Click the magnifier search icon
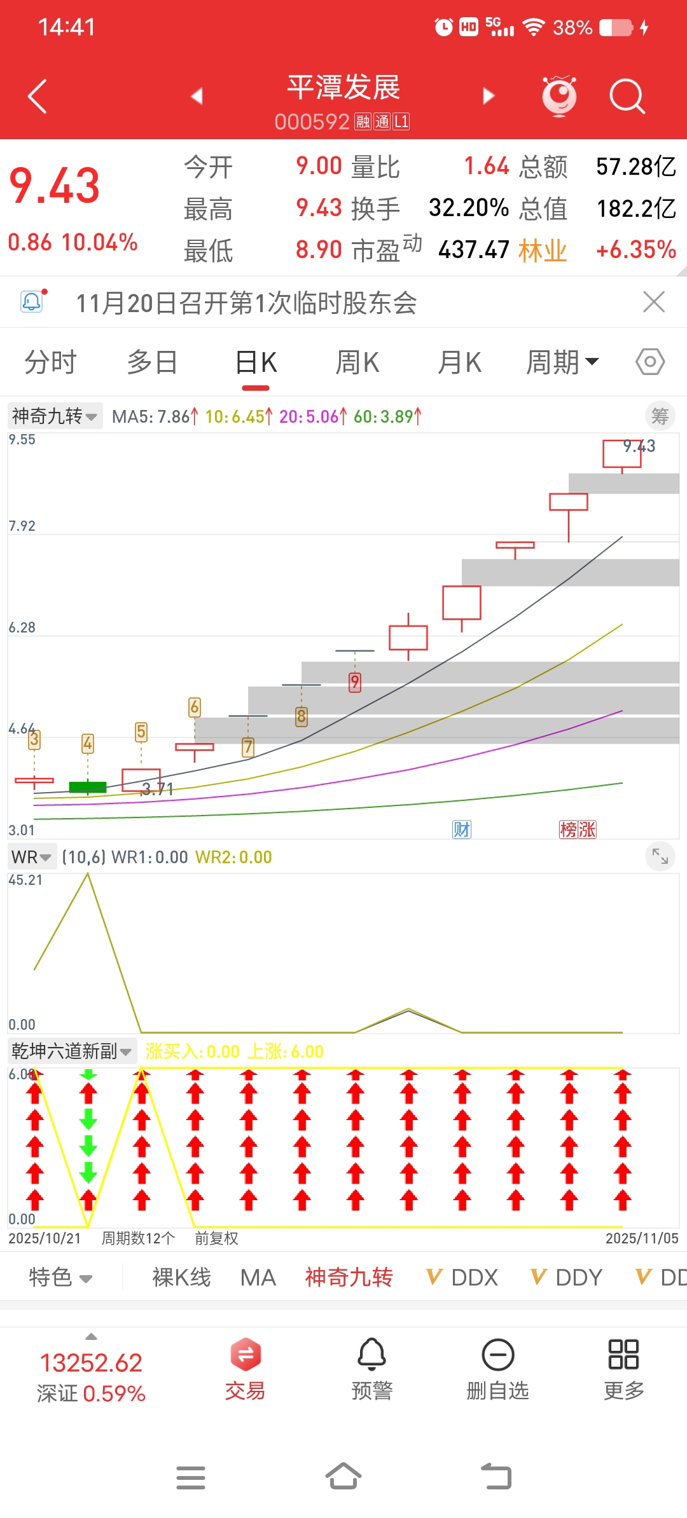[627, 97]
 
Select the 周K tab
[357, 363]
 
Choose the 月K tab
[459, 363]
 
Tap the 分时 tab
[50, 363]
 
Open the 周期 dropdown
[562, 363]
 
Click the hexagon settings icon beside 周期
[650, 362]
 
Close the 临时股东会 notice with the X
[654, 302]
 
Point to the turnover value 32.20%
[469, 208]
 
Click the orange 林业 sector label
[542, 250]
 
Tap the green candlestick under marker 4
[88, 787]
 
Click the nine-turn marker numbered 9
[355, 682]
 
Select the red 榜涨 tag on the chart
[578, 830]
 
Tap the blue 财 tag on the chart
[462, 830]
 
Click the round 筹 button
[660, 416]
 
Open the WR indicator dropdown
[31, 858]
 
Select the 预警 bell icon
[371, 1355]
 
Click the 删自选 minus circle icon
[497, 1355]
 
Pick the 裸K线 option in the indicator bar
[181, 1277]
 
